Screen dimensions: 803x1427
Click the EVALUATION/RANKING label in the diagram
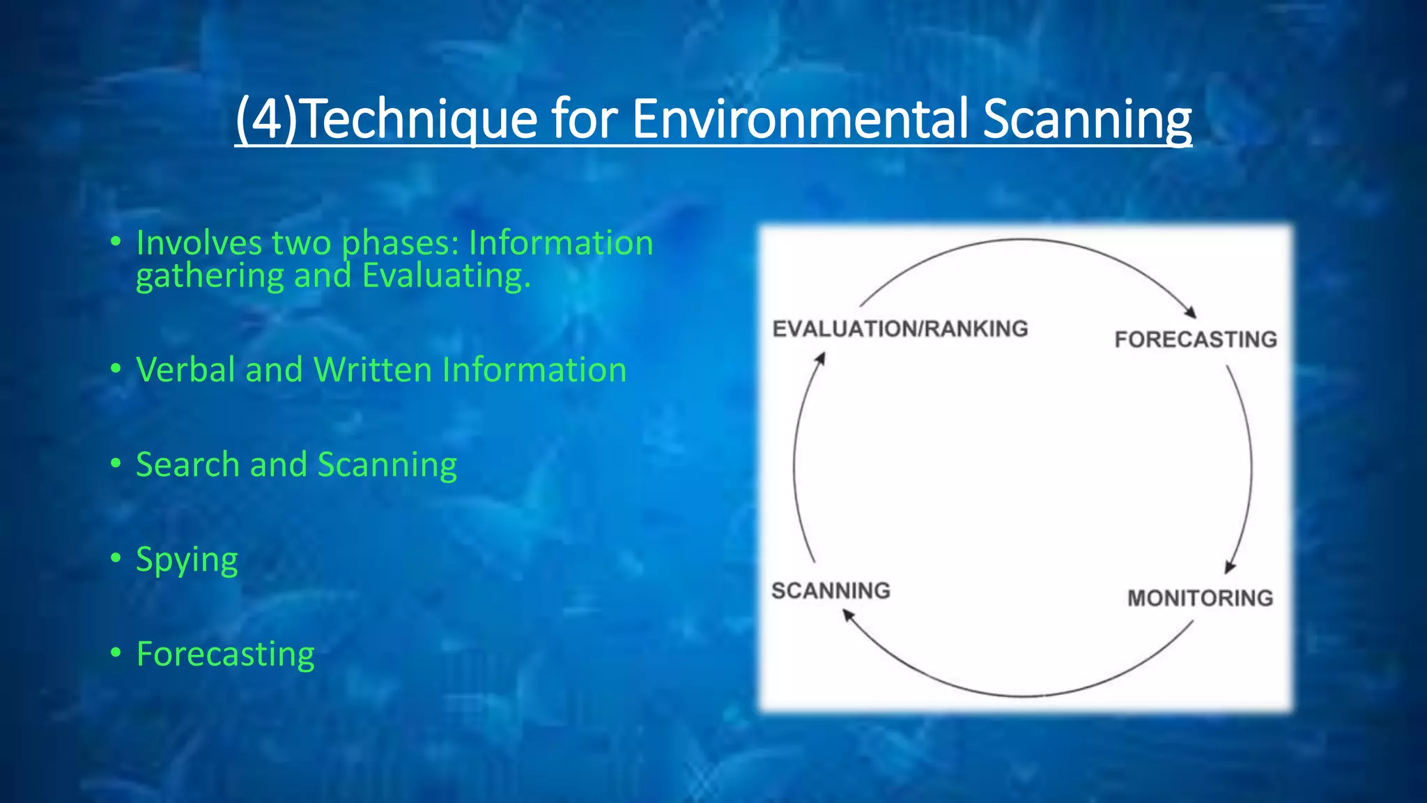click(900, 328)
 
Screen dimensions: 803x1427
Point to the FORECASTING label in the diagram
click(1195, 339)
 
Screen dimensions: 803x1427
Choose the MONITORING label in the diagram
click(1200, 598)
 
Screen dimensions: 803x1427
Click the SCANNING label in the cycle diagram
click(831, 590)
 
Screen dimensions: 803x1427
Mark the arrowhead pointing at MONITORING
click(1230, 566)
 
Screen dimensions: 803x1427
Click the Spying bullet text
click(187, 560)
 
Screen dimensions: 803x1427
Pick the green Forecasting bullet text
click(225, 654)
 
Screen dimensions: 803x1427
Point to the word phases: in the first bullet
click(400, 244)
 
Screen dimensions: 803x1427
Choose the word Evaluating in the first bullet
click(446, 276)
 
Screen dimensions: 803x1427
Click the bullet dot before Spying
click(116, 558)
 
